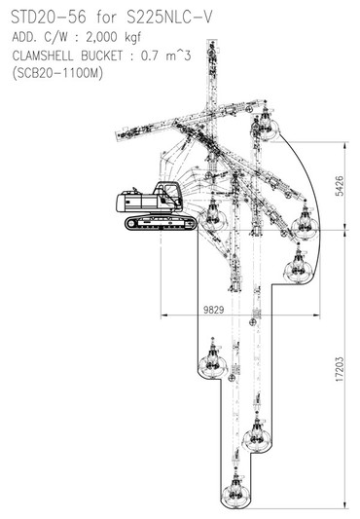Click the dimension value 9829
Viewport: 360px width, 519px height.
tap(213, 310)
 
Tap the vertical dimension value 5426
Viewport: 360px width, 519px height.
tap(340, 186)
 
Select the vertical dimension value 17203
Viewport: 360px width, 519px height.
tap(340, 369)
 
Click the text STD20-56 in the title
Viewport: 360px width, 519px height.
tap(49, 18)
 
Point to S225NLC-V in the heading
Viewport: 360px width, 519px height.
tap(169, 18)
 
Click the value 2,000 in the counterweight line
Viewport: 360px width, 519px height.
tap(101, 37)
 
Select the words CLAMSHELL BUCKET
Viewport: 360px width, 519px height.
tap(67, 56)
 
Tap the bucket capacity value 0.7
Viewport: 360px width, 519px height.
tap(150, 56)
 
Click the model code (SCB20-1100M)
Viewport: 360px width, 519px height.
tap(57, 73)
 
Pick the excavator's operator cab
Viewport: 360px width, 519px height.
tap(168, 196)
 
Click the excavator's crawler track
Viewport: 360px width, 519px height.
tap(161, 222)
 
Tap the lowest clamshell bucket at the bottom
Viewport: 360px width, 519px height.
tap(235, 492)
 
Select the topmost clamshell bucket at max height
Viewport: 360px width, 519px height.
tap(266, 124)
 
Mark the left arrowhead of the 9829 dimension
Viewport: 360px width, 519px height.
tap(163, 315)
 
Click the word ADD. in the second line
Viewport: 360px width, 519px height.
tap(24, 37)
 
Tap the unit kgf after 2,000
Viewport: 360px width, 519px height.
tap(133, 38)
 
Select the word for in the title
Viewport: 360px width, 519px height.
tap(107, 18)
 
